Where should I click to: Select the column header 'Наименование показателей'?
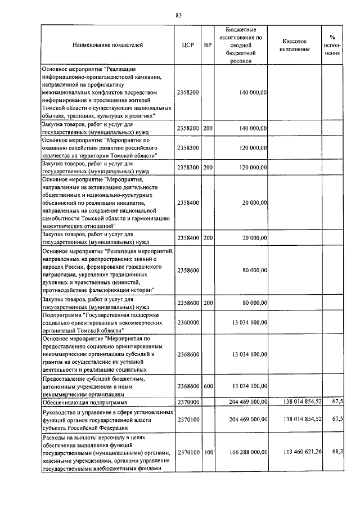point(107,46)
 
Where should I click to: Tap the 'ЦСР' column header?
point(188,46)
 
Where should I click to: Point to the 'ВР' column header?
point(208,46)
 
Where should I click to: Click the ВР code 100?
point(208,452)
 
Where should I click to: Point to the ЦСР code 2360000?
point(188,323)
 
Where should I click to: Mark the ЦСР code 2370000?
point(188,403)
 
